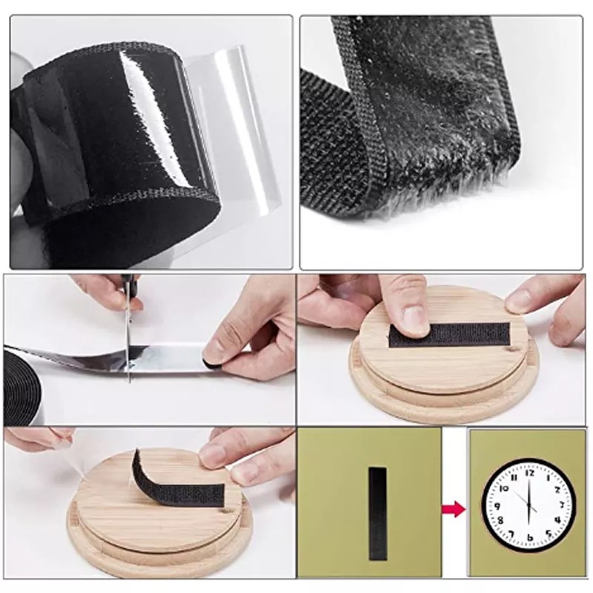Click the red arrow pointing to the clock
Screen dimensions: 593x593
coord(454,509)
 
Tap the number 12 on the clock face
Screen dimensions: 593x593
coord(529,473)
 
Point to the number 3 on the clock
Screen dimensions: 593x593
coord(562,504)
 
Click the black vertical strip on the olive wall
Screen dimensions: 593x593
coord(378,513)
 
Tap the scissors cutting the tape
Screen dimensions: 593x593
coord(128,333)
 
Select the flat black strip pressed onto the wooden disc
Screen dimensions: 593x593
coord(450,335)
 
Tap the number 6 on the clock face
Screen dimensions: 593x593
coord(530,538)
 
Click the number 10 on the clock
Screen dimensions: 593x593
coord(504,488)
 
